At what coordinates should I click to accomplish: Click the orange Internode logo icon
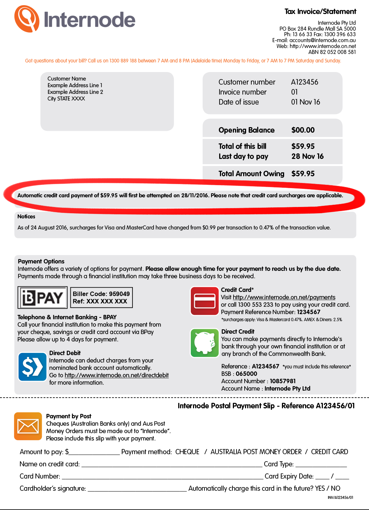pos(27,18)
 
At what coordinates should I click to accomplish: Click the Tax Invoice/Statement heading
pos(320,11)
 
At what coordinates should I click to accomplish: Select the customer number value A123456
pos(304,82)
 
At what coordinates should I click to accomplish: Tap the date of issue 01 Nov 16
pos(306,102)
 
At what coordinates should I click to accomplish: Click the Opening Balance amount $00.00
pos(303,130)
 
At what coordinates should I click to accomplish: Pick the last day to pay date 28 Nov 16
pos(307,156)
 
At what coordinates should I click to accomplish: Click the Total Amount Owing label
pos(251,174)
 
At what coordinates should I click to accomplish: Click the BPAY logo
pos(42,297)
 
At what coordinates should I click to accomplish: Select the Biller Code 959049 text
pos(101,294)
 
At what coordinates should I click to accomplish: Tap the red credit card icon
pos(204,301)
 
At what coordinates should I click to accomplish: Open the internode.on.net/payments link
pos(284,297)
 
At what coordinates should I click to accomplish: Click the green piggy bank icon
pos(204,343)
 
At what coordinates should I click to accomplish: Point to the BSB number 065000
pos(246,374)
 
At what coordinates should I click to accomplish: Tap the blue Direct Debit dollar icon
pos(32,367)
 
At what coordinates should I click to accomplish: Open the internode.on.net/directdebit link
pos(117,375)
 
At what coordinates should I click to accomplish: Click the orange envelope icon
pos(28,426)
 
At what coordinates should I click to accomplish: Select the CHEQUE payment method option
pos(187,452)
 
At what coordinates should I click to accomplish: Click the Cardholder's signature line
pos(137,489)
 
